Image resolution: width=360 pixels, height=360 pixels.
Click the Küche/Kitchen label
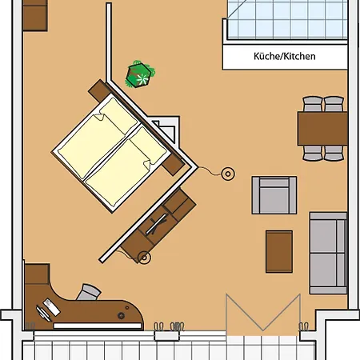[x=284, y=57]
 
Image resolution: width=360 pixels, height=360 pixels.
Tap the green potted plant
[x=141, y=74]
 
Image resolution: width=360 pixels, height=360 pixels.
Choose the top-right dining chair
[x=333, y=104]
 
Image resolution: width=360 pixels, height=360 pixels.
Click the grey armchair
[x=274, y=194]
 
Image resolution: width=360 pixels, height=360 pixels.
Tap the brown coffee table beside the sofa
[x=279, y=249]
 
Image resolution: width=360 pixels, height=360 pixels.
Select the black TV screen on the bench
[x=158, y=222]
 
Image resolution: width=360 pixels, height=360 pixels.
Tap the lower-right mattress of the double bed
[x=126, y=170]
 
